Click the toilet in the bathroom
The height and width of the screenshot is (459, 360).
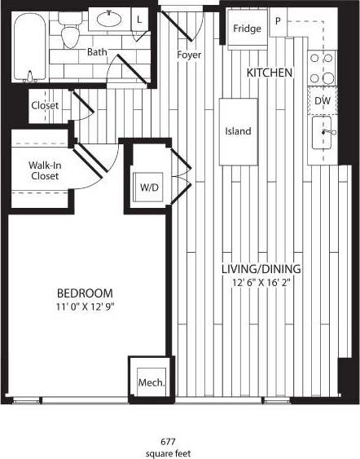72,33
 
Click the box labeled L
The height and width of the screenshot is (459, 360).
138,19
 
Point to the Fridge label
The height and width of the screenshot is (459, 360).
247,29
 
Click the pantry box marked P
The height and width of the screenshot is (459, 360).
278,22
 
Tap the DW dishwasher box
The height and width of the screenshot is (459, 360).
323,100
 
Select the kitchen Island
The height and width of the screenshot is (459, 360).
239,131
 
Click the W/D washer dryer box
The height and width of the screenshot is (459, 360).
149,188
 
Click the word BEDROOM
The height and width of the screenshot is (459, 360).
85,293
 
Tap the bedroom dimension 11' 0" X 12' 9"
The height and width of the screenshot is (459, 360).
85,308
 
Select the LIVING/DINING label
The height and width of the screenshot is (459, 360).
262,269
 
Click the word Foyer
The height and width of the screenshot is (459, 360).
189,55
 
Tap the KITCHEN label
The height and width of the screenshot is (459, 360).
270,73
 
